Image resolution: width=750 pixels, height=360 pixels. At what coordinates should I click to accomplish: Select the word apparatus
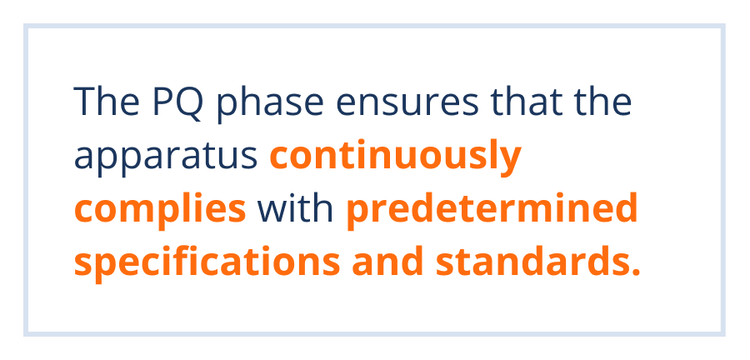click(167, 160)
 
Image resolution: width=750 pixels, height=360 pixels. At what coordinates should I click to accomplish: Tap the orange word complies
click(161, 212)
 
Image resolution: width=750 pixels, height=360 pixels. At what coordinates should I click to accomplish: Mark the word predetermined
click(493, 210)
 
